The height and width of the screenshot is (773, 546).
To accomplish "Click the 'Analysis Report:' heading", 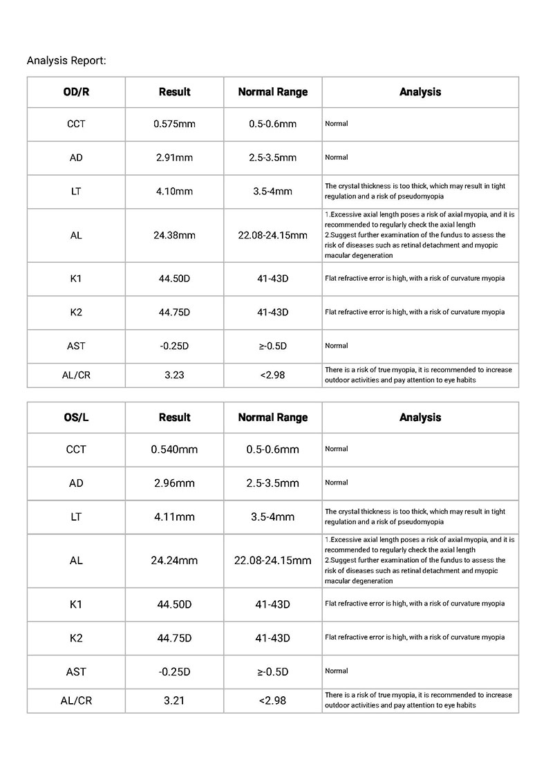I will pos(66,60).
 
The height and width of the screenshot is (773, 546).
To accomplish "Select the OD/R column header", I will pos(76,92).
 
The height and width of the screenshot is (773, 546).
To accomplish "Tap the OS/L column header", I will pos(76,418).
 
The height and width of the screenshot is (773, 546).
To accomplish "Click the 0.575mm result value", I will pos(174,124).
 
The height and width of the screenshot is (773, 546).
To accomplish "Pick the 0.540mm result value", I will pos(174,449).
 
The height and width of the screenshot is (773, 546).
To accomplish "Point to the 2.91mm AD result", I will pos(174,158).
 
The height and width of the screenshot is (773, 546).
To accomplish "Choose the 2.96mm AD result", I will pos(174,483).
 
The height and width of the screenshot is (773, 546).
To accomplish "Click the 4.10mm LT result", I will pos(174,192).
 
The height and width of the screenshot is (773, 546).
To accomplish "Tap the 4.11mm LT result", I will pos(174,516).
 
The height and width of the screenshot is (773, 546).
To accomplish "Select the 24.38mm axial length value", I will pos(174,235).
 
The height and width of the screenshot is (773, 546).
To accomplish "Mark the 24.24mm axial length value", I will pos(174,561).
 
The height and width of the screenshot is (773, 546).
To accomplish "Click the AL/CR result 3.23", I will pos(174,375).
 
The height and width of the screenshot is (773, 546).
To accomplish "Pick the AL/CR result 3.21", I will pos(174,700).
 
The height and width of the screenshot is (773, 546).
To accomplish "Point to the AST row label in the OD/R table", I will pos(76,346).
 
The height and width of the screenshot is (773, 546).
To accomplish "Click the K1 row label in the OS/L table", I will pos(76,604).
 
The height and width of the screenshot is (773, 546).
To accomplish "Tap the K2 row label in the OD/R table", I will pos(76,313).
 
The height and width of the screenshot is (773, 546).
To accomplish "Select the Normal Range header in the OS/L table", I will pos(272,418).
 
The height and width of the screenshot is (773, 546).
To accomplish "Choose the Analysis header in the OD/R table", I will pos(420,92).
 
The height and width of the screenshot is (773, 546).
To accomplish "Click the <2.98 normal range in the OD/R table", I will pos(272,375).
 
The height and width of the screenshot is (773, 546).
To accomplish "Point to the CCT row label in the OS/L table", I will pos(76,449).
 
